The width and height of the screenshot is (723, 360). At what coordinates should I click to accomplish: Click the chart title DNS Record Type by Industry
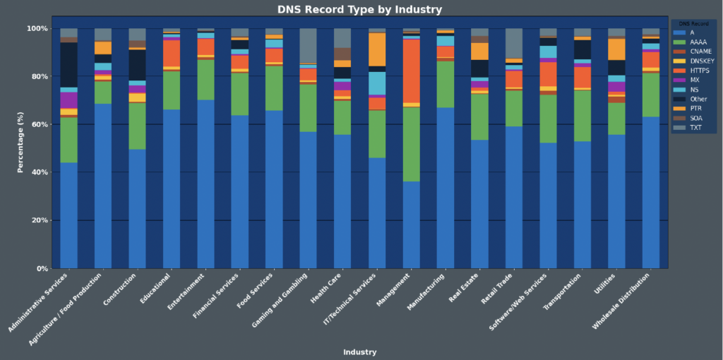[360, 9]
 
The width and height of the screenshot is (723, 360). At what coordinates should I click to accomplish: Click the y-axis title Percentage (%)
[21, 148]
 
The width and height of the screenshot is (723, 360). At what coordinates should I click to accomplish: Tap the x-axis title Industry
[359, 352]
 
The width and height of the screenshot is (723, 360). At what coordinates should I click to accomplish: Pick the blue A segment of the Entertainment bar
[205, 184]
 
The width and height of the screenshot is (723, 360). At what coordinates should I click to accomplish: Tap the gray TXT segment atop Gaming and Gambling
[308, 45]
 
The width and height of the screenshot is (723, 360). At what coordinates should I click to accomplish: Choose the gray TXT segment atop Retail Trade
[514, 43]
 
